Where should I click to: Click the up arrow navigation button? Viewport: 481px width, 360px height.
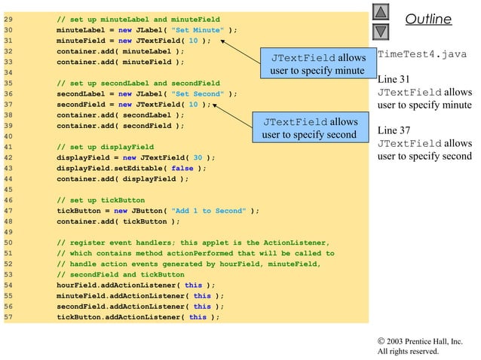click(381, 14)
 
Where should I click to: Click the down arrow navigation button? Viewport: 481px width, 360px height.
click(381, 31)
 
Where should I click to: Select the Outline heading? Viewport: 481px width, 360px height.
click(428, 20)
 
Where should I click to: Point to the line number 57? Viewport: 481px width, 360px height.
click(10, 317)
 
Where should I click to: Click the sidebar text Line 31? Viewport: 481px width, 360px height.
click(396, 79)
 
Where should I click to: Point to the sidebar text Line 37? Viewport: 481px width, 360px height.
click(396, 130)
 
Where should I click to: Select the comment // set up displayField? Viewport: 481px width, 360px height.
click(105, 146)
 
